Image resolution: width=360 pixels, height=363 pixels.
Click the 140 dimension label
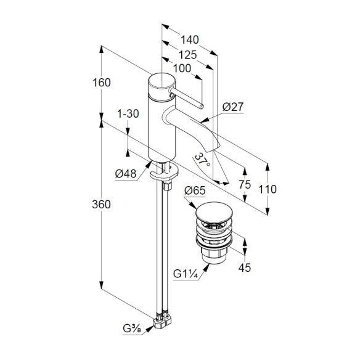coord(190,40)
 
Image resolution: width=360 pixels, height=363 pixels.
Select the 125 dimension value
coord(188,55)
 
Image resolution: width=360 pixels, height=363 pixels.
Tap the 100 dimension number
coord(182,68)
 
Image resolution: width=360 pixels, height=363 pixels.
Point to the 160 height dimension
coord(102,83)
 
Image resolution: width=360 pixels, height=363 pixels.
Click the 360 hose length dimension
coord(101,205)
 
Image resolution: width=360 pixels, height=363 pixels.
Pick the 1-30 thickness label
coord(128,113)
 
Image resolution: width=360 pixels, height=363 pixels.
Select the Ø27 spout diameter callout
coord(233,107)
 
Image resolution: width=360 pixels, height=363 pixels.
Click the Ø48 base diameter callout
coord(126,173)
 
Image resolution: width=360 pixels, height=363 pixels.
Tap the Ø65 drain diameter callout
coord(195,190)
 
